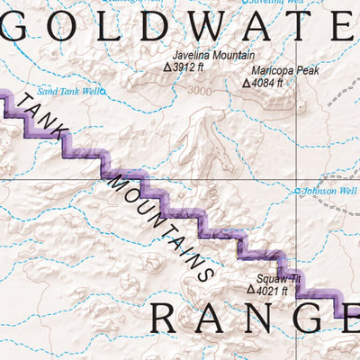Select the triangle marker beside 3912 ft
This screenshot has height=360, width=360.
click(x=166, y=67)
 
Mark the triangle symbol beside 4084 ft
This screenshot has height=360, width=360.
click(x=246, y=83)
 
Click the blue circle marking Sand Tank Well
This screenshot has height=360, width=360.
click(x=103, y=91)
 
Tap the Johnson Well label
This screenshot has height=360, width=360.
click(x=331, y=191)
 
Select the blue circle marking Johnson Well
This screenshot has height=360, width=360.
click(x=298, y=191)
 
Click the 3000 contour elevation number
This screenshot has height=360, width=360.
click(x=200, y=90)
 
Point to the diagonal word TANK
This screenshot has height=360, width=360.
click(x=42, y=115)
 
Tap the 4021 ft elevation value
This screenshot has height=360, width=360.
click(x=272, y=290)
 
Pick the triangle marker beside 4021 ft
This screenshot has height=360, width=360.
click(x=250, y=290)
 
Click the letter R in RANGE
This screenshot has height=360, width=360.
click(x=167, y=319)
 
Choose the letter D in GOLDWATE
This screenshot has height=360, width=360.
click(x=163, y=27)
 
